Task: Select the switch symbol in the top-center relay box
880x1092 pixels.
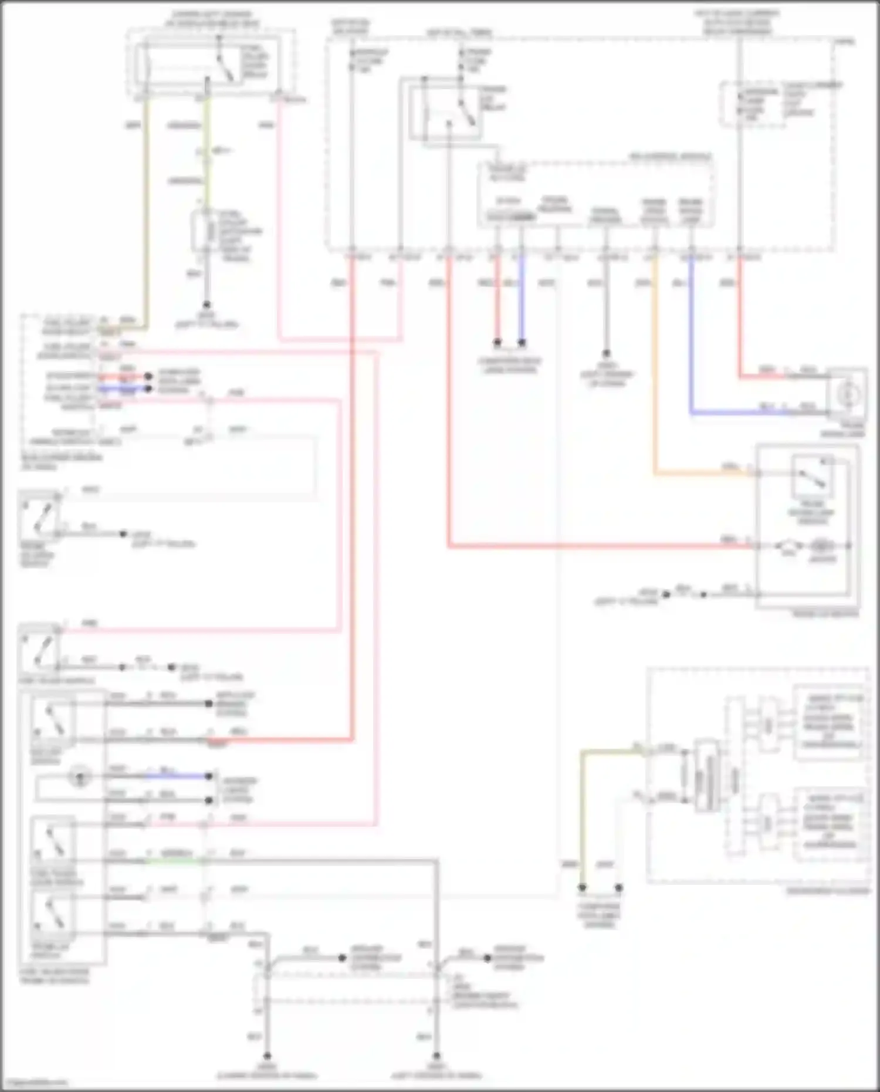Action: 467,111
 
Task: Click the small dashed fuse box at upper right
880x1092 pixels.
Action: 752,104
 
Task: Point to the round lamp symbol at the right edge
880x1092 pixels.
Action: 847,394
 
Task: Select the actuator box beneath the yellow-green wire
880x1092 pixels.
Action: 205,232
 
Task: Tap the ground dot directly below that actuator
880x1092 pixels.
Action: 206,305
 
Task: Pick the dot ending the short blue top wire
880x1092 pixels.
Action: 522,342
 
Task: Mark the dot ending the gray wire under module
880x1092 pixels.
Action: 606,353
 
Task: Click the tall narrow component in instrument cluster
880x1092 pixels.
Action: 707,776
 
